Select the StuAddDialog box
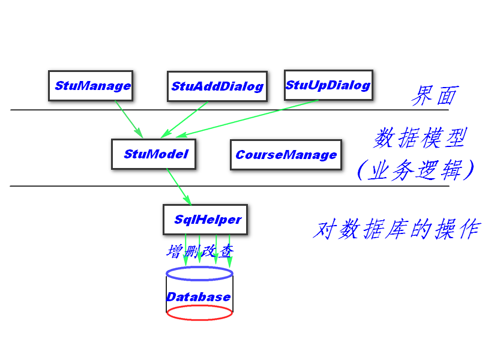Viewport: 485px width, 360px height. point(217,86)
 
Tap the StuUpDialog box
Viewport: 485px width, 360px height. point(327,85)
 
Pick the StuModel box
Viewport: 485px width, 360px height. point(155,154)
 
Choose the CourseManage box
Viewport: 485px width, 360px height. point(286,155)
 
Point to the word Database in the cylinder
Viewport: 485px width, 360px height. point(199,297)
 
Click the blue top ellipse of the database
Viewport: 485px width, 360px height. point(199,274)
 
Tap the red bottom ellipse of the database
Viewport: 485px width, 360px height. point(199,313)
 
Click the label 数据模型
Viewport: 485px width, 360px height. point(419,139)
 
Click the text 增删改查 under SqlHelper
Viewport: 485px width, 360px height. point(199,251)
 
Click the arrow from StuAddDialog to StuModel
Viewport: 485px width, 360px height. point(184,119)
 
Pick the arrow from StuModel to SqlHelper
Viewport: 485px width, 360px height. point(179,187)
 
